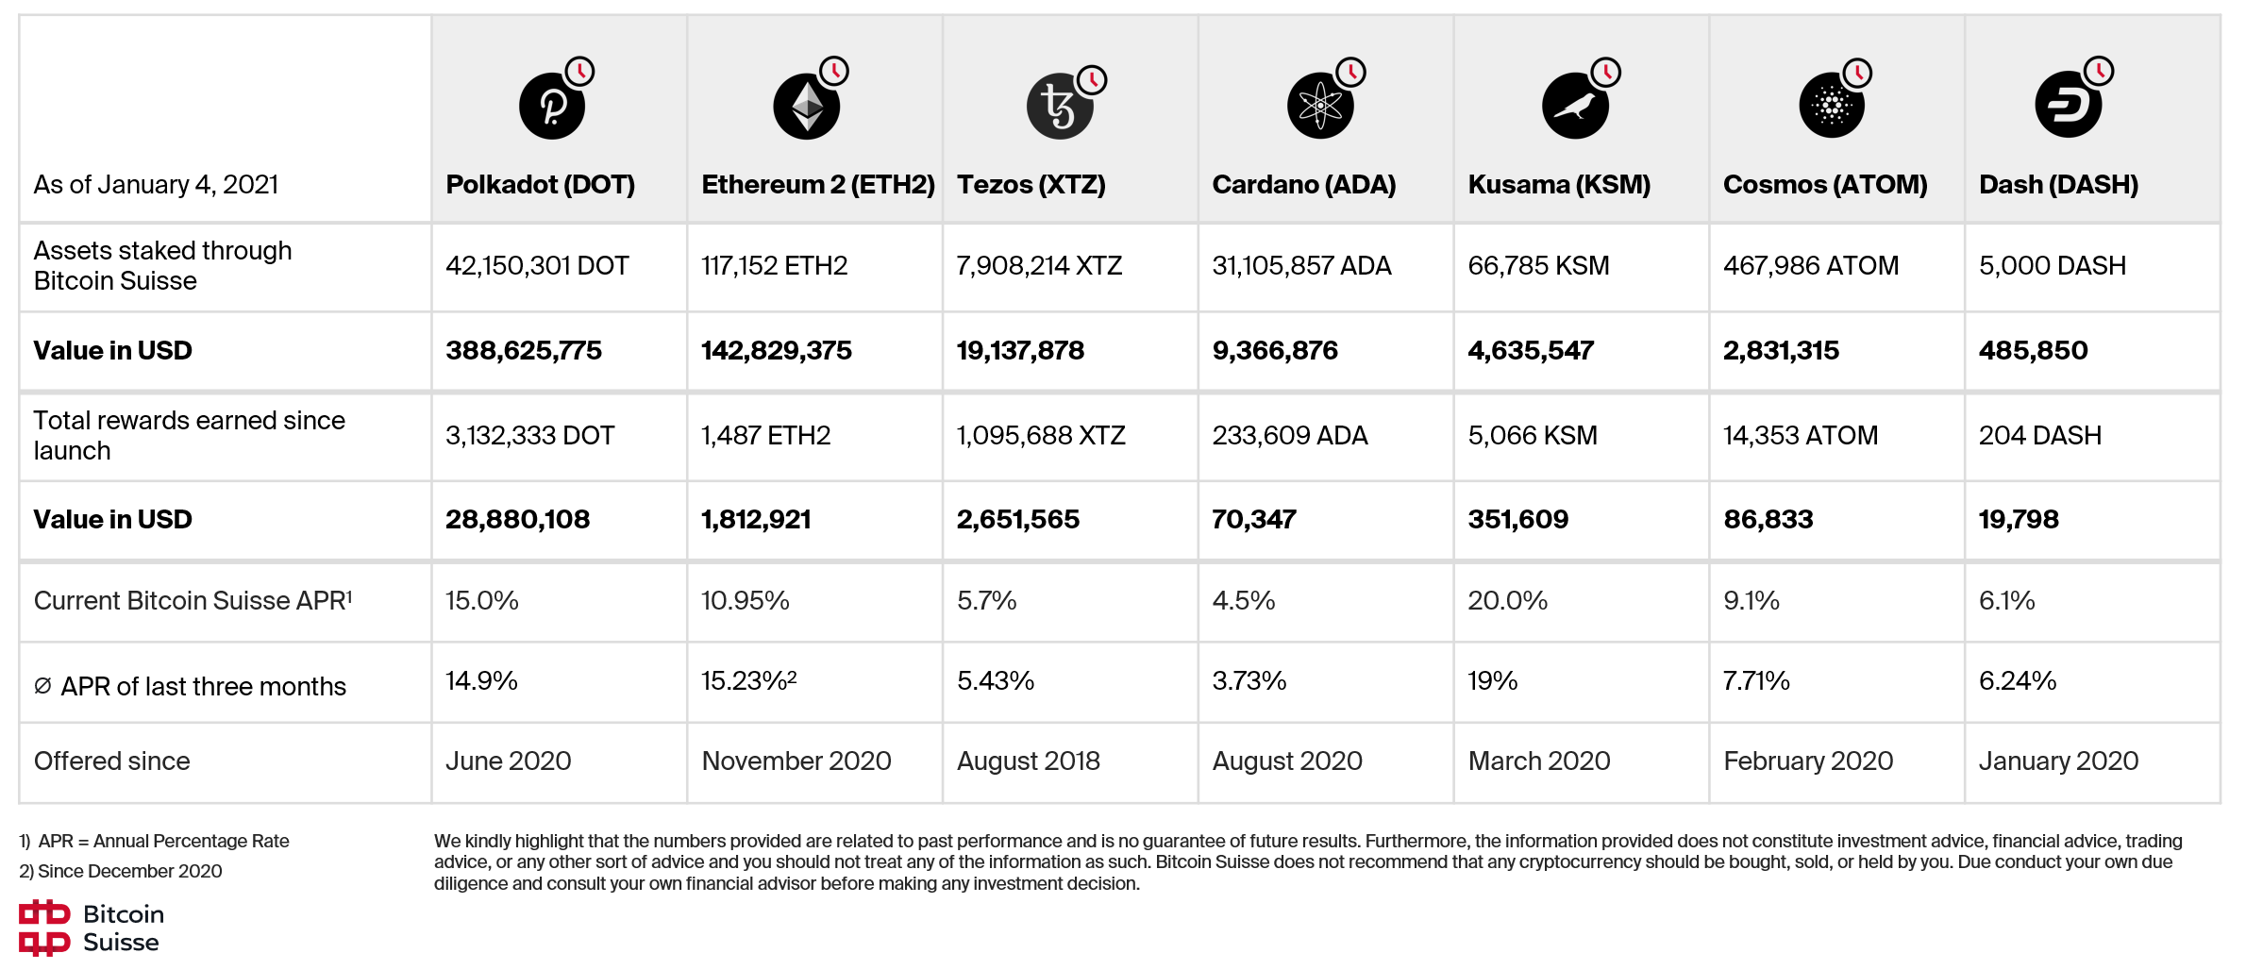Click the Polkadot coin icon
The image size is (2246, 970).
(x=552, y=106)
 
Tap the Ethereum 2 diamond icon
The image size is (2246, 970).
(x=807, y=106)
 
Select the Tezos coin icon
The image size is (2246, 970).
(x=1060, y=106)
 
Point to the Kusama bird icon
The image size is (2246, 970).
(x=1575, y=106)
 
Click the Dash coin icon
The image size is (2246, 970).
(x=2068, y=106)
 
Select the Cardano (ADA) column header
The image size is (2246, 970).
(x=1303, y=184)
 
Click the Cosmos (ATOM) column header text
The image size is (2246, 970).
(x=1825, y=184)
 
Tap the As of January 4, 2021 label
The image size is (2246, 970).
(x=156, y=184)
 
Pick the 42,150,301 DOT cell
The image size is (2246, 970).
(x=537, y=266)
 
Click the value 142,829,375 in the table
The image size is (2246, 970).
(x=776, y=351)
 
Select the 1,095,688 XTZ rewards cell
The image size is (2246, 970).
(x=1041, y=436)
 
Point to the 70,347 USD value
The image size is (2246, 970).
(x=1254, y=520)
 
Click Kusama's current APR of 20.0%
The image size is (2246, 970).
(x=1507, y=601)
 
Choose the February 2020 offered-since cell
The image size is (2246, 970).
(x=1808, y=761)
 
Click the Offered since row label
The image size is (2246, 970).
(x=111, y=761)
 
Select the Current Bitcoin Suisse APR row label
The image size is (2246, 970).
(x=193, y=601)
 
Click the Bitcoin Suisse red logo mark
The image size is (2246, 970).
(x=44, y=928)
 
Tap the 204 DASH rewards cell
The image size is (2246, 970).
(x=2039, y=436)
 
